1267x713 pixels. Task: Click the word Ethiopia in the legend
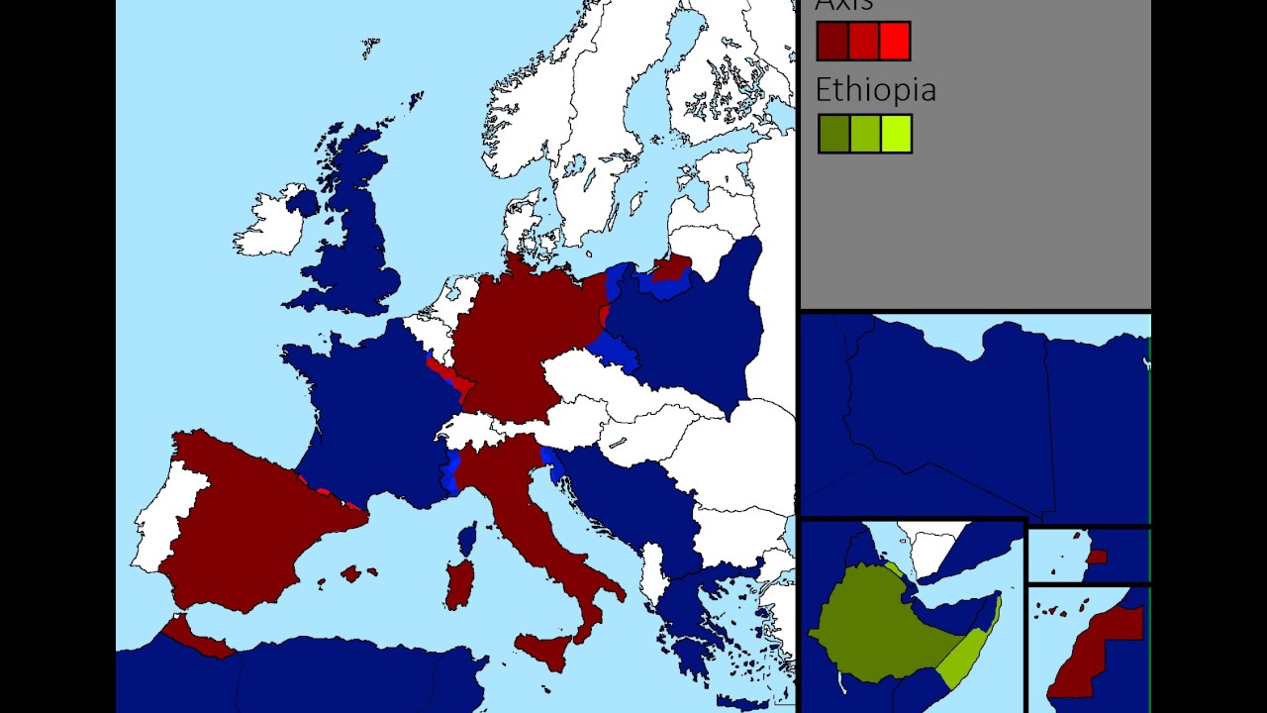tap(875, 90)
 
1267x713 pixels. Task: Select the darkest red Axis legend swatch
tap(832, 42)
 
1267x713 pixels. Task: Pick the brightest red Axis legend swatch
tap(894, 42)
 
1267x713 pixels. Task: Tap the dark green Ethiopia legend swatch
tap(833, 134)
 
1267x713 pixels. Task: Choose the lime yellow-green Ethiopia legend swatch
tap(896, 134)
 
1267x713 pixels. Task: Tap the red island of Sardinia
tap(458, 584)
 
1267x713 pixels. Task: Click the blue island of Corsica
tap(466, 540)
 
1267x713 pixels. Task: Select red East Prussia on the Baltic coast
tap(673, 265)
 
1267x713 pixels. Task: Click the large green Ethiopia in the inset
tap(881, 624)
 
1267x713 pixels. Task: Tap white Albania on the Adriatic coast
tap(654, 575)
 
